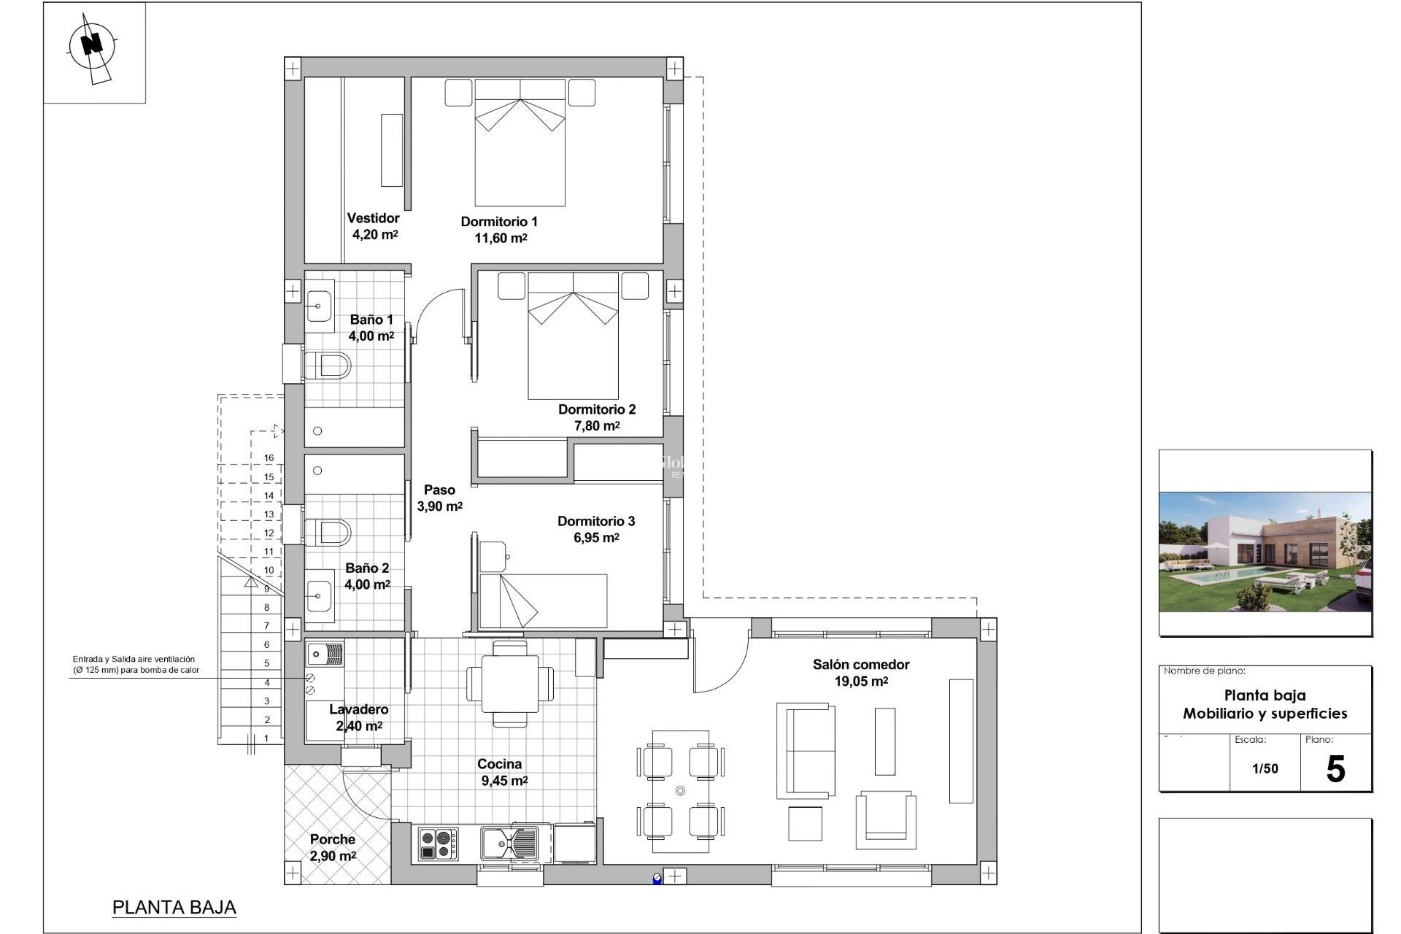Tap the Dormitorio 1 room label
coord(499,229)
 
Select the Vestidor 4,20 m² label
coord(374,226)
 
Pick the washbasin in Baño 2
coord(320,596)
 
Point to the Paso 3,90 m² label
coord(439,498)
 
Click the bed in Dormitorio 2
coord(573,336)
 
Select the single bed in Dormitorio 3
coord(544,601)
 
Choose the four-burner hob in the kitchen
coord(439,844)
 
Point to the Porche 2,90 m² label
coord(333,847)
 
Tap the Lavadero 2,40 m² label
coord(358,717)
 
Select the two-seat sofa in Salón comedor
coord(806,750)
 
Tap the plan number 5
coord(1335,769)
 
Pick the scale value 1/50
coord(1265,768)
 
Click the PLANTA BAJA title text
coord(174,907)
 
